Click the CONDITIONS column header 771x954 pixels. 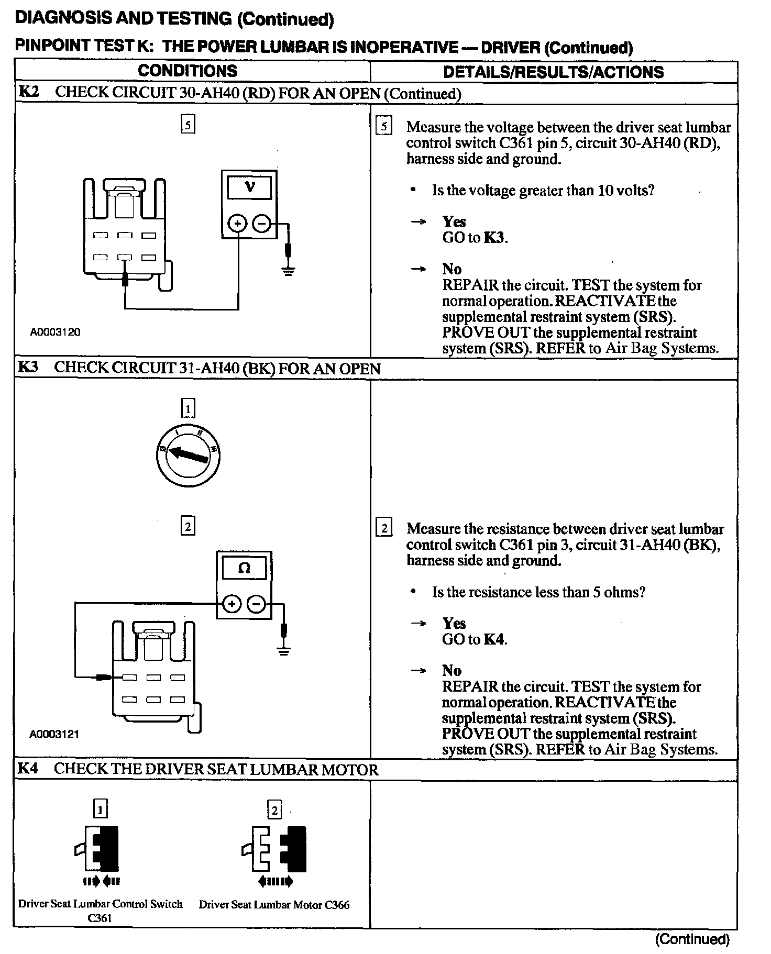pyautogui.click(x=188, y=71)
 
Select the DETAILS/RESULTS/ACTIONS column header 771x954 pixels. pyautogui.click(x=553, y=72)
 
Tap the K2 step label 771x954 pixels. pyautogui.click(x=29, y=92)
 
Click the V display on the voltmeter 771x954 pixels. pyautogui.click(x=249, y=187)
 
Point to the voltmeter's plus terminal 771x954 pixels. pyautogui.click(x=238, y=224)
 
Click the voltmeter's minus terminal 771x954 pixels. pyautogui.click(x=261, y=224)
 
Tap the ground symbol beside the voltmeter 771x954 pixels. pyautogui.click(x=288, y=270)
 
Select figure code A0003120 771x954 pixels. pyautogui.click(x=55, y=332)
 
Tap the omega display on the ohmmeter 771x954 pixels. pyautogui.click(x=244, y=568)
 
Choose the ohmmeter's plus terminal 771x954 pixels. pyautogui.click(x=231, y=604)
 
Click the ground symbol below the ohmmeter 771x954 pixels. pyautogui.click(x=283, y=651)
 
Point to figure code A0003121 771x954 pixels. pyautogui.click(x=54, y=734)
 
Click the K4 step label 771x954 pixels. pyautogui.click(x=28, y=769)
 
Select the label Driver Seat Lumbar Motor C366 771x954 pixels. pyautogui.click(x=274, y=905)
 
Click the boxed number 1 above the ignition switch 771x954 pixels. pyautogui.click(x=188, y=408)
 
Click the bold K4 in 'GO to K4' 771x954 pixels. pyautogui.click(x=494, y=639)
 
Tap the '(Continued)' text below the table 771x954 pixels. pyautogui.click(x=692, y=939)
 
